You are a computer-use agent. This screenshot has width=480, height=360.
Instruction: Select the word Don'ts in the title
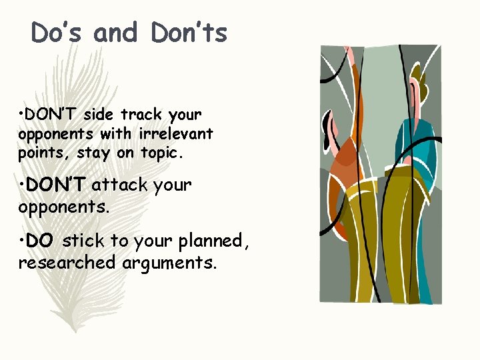pos(189,33)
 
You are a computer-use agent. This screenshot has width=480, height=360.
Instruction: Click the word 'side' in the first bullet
pos(99,115)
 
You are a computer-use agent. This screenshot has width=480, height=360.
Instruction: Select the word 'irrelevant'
pos(175,133)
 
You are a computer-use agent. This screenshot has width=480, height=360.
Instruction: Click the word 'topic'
pos(160,153)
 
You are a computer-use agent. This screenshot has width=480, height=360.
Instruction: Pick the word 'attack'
pos(119,185)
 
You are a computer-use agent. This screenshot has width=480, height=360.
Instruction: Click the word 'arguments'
pos(169,263)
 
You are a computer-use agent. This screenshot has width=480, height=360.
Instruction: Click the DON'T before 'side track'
pos(51,115)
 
